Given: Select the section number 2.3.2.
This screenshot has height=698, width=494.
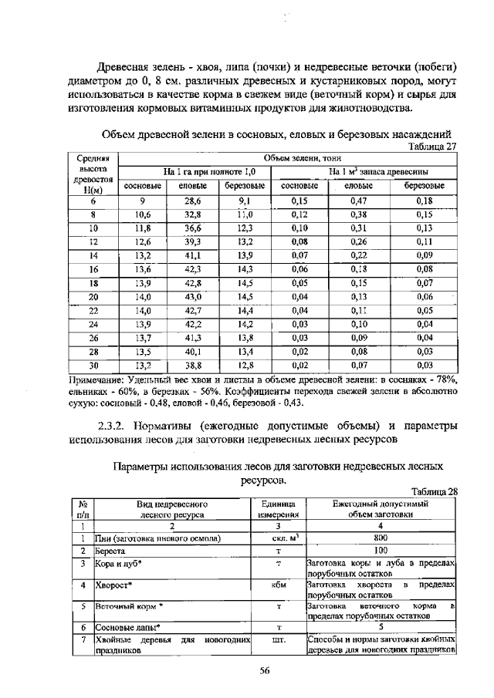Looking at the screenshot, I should (x=115, y=426).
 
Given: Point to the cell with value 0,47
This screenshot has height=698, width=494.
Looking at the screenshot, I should (x=357, y=200).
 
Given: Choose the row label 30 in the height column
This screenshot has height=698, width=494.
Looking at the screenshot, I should (x=93, y=366).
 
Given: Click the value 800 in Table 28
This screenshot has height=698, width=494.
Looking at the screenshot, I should (x=380, y=538).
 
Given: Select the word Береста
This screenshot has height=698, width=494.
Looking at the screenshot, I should (x=111, y=551).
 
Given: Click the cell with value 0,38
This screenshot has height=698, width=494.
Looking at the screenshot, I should (x=357, y=214).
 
